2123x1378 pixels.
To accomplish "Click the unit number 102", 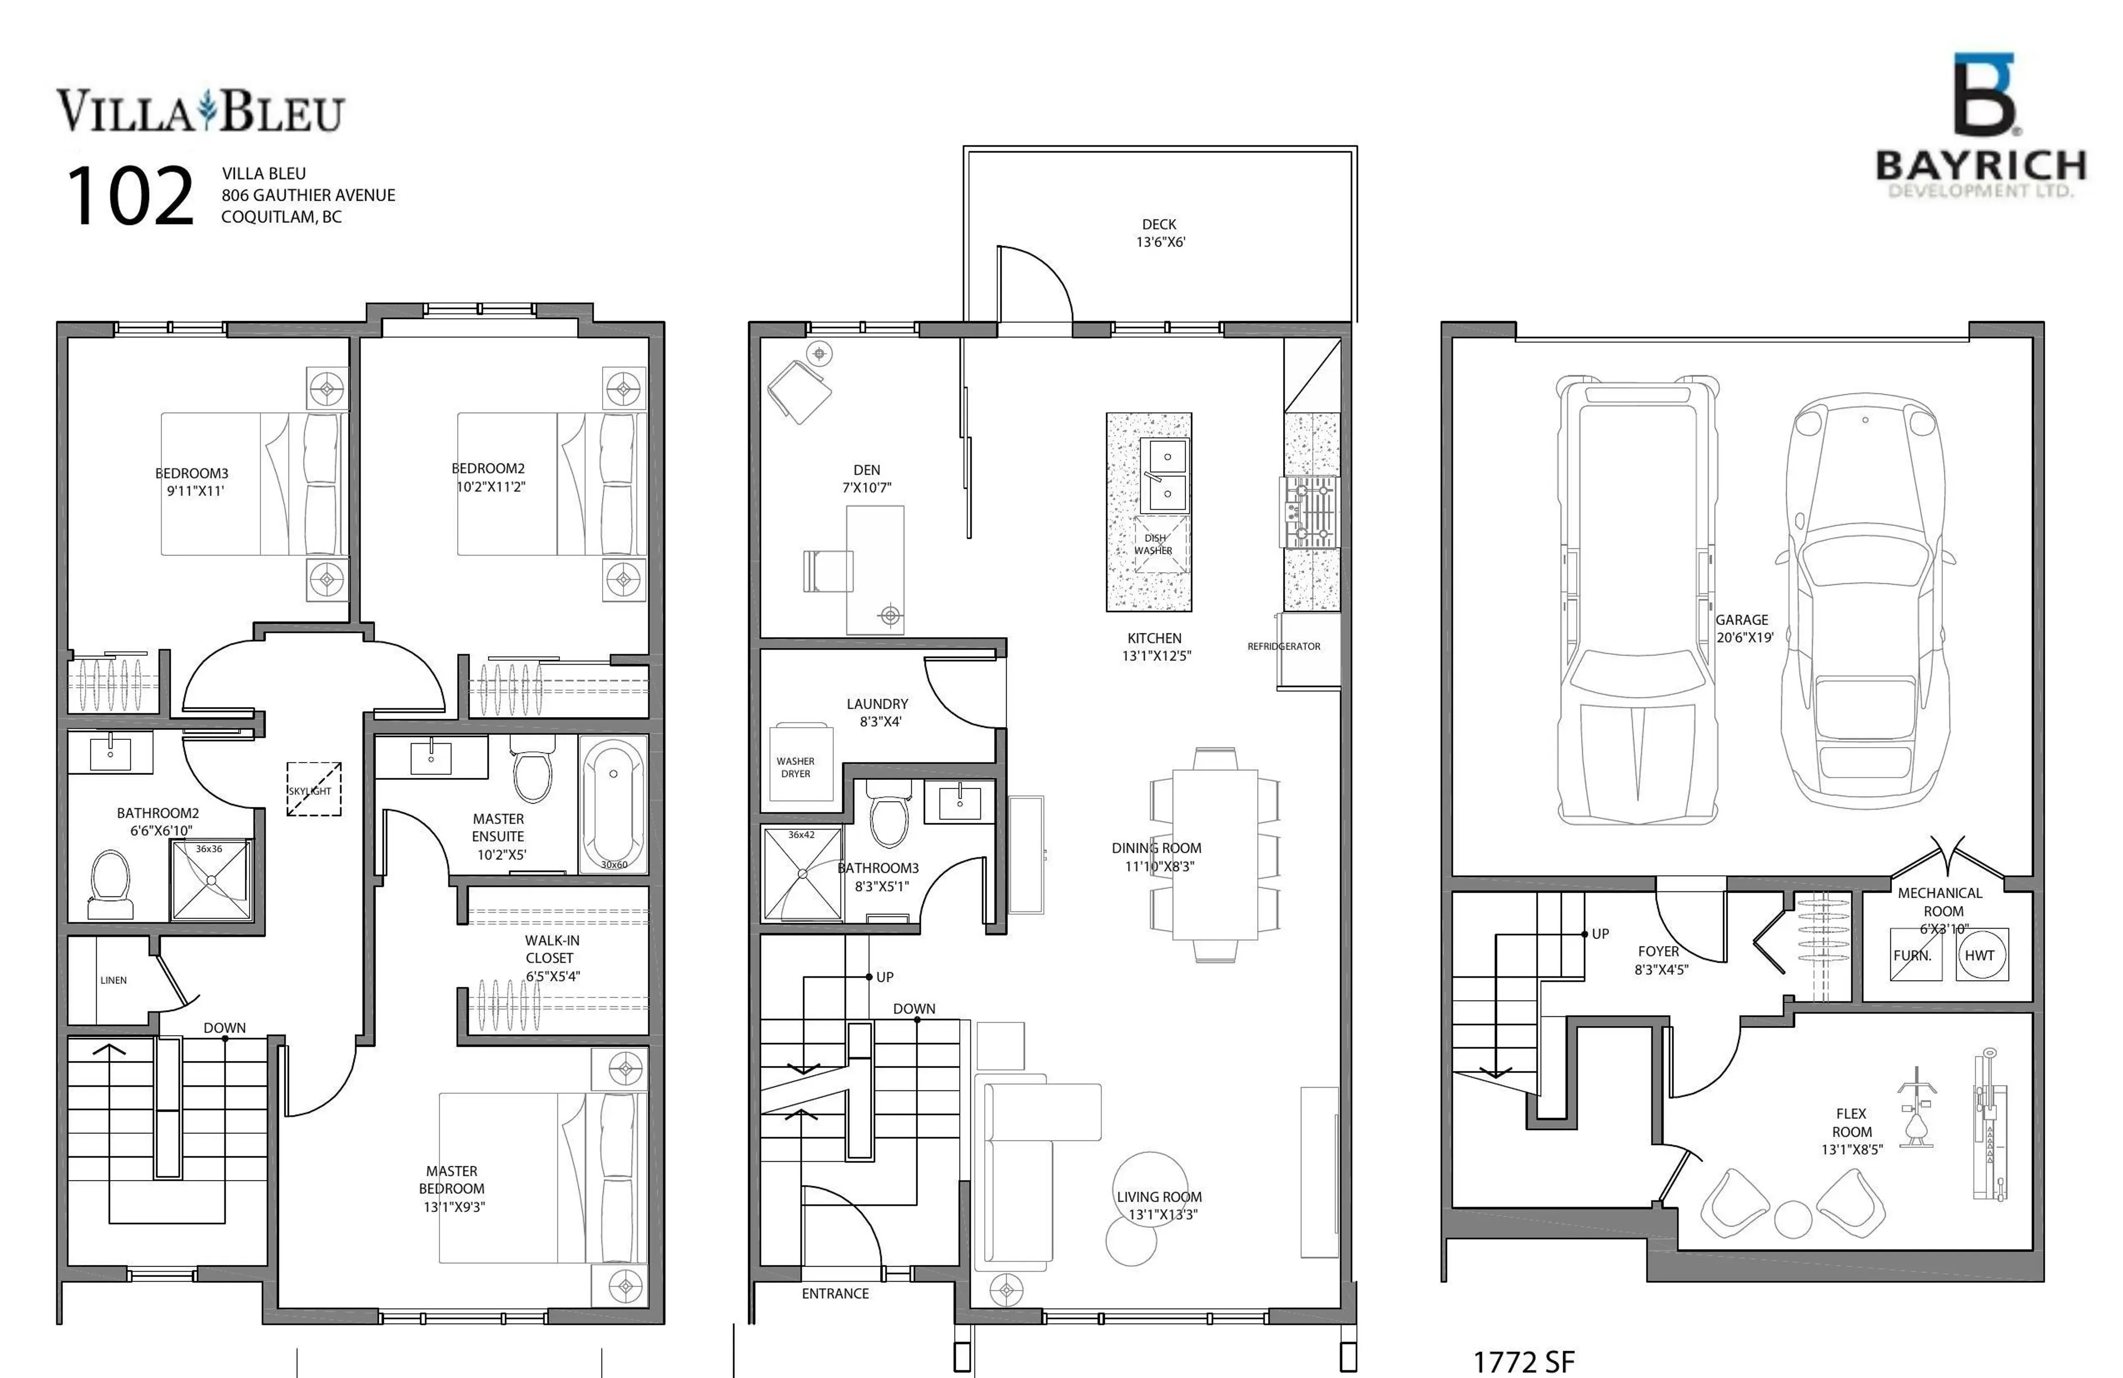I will pos(130,196).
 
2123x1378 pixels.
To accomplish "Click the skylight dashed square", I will pos(313,789).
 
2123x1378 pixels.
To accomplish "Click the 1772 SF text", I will pos(1524,1361).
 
